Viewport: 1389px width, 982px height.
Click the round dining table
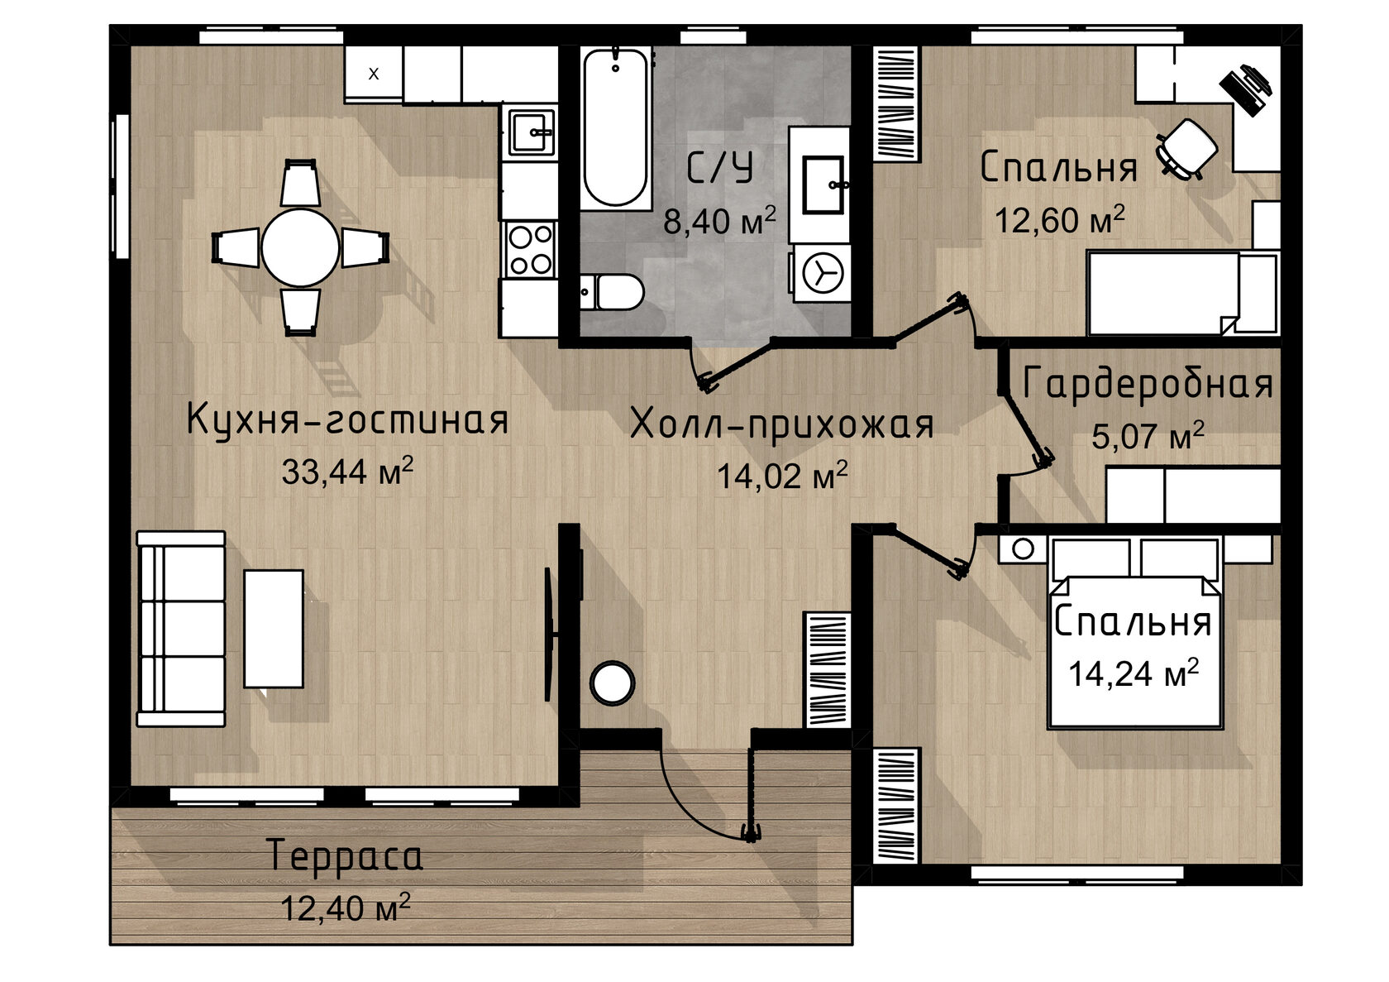(x=301, y=247)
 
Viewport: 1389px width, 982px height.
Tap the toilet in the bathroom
(x=612, y=291)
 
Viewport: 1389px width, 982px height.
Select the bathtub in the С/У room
(x=615, y=127)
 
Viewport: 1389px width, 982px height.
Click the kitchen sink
(x=531, y=132)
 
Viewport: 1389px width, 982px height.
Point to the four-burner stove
(x=530, y=249)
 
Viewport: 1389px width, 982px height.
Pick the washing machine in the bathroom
(x=822, y=273)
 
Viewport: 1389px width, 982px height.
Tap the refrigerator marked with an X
(x=374, y=73)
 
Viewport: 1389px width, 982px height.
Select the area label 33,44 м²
(x=347, y=471)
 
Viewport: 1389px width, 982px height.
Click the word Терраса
(x=346, y=857)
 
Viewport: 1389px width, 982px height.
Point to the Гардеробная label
(x=1148, y=384)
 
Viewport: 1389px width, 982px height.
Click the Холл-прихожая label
(x=782, y=425)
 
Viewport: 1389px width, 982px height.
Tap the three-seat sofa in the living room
(x=180, y=629)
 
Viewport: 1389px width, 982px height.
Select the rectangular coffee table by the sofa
(x=274, y=629)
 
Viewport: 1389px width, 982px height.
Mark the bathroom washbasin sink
(x=823, y=184)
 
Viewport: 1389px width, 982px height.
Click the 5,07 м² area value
(x=1148, y=435)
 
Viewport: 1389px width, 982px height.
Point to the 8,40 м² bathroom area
(x=719, y=220)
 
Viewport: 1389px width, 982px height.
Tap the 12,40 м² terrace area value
(x=346, y=908)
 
